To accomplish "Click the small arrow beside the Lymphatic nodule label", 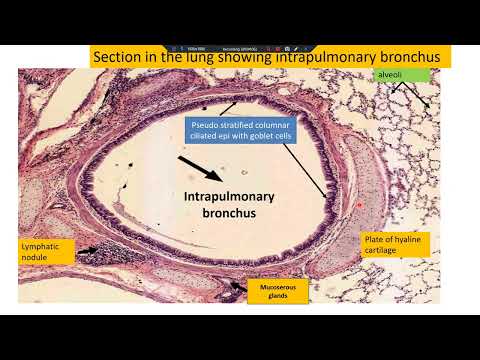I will pyautogui.click(x=88, y=251).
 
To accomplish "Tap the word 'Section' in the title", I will pyautogui.click(x=119, y=58).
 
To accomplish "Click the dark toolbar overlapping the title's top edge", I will pyautogui.click(x=240, y=47).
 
